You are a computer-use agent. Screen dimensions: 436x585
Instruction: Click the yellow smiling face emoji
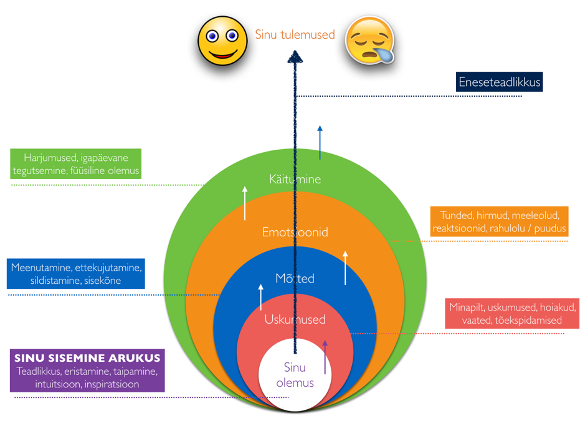coord(222,39)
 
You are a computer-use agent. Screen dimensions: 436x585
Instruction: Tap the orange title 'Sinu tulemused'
coord(295,35)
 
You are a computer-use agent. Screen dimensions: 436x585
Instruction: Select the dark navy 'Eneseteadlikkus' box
coord(499,82)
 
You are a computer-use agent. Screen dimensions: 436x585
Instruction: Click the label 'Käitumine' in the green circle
coord(295,179)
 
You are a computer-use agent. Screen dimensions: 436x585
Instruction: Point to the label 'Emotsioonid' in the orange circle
coord(295,232)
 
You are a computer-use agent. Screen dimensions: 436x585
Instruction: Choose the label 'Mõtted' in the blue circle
coord(295,278)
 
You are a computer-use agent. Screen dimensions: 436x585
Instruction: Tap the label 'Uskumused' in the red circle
coord(295,319)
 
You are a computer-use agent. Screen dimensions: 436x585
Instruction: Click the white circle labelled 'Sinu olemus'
coord(295,375)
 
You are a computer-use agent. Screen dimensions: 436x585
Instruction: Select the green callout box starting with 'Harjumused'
coord(77,164)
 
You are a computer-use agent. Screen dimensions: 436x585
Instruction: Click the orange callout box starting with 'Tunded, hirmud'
coord(499,222)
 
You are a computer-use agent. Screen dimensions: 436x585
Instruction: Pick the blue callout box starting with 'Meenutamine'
coord(77,274)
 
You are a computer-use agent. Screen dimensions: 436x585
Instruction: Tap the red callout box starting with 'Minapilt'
coord(512,314)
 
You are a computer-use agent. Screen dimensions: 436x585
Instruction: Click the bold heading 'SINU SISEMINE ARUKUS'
coord(87,358)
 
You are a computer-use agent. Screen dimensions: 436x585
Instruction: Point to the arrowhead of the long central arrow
coord(295,57)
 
